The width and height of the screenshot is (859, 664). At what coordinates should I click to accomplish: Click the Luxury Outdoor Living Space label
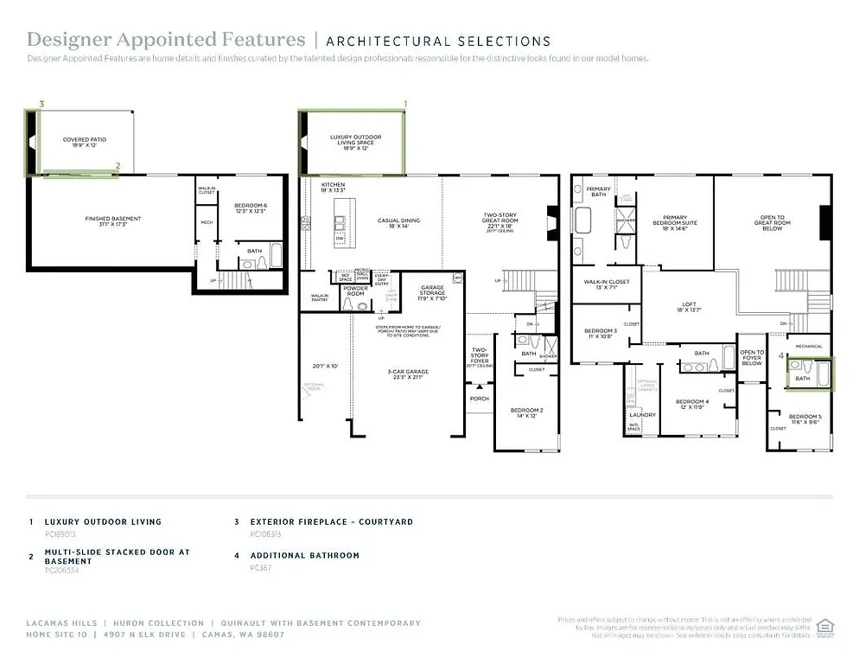(355, 140)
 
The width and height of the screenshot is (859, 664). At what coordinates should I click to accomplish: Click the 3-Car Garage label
(407, 373)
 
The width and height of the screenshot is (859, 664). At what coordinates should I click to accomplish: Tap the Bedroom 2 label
(526, 412)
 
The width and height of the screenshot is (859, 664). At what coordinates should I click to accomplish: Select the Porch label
(479, 399)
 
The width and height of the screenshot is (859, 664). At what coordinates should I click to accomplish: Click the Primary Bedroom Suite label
(679, 220)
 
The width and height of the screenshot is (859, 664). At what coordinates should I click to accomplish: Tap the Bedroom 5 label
(805, 418)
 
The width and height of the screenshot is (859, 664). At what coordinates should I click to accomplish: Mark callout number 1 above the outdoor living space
(405, 104)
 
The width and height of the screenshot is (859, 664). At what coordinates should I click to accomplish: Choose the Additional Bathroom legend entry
(304, 556)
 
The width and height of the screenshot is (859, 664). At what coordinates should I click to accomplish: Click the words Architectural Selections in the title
(438, 41)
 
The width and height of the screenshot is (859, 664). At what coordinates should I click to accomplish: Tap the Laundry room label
(642, 415)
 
